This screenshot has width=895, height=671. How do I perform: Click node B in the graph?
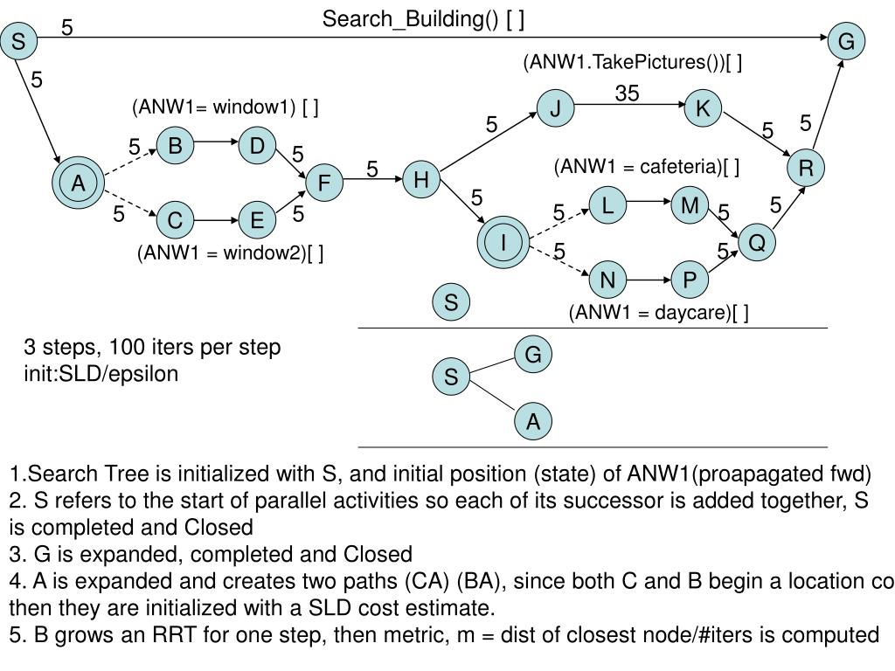point(175,146)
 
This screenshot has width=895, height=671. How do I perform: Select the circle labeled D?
point(257,146)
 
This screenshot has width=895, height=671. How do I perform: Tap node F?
point(324,183)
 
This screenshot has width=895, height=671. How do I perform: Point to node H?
point(421,180)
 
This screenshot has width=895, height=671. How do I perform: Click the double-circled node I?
point(504,242)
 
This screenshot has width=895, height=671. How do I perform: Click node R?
point(806,168)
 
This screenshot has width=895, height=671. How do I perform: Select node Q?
point(757,242)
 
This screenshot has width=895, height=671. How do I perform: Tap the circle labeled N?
point(607,280)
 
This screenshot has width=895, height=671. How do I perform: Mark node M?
point(690,205)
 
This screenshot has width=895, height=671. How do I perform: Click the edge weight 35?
point(627,93)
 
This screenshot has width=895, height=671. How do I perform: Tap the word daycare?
point(693,313)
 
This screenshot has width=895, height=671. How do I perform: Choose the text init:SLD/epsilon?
point(101,374)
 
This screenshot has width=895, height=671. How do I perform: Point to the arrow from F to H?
point(372,180)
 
